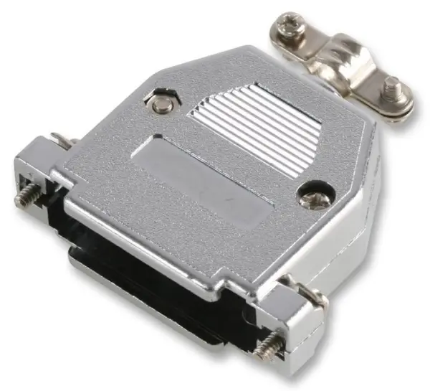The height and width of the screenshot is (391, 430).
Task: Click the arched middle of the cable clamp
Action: (x=344, y=57)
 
